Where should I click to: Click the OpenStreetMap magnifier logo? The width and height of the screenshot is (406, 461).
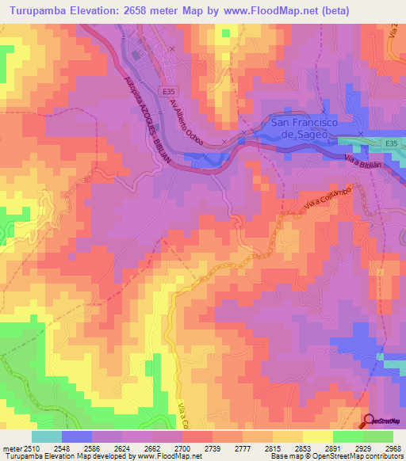pyautogui.click(x=370, y=421)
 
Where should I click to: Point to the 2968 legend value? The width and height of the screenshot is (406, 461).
pyautogui.click(x=393, y=448)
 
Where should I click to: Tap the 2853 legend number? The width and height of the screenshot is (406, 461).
pyautogui.click(x=303, y=448)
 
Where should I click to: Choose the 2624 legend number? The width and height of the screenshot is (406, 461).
pyautogui.click(x=122, y=448)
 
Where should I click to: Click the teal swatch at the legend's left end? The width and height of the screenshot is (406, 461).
pyautogui.click(x=46, y=436)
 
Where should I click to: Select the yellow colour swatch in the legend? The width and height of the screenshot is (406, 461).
pyautogui.click(x=317, y=436)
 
